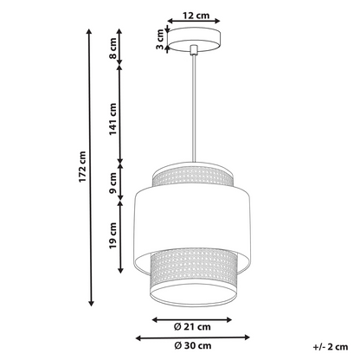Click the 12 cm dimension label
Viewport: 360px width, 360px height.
[196, 15]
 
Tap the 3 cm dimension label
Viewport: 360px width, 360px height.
[160, 39]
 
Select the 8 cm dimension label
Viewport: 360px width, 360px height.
[112, 48]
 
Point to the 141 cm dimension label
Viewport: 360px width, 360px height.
[112, 119]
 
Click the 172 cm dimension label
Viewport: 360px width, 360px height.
[82, 167]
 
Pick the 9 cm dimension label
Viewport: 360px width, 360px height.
[112, 183]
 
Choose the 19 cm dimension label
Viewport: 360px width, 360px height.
[112, 235]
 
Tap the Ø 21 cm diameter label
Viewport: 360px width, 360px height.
[192, 327]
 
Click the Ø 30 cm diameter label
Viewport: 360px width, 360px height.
[193, 345]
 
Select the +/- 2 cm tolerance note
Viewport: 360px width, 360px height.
[331, 347]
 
